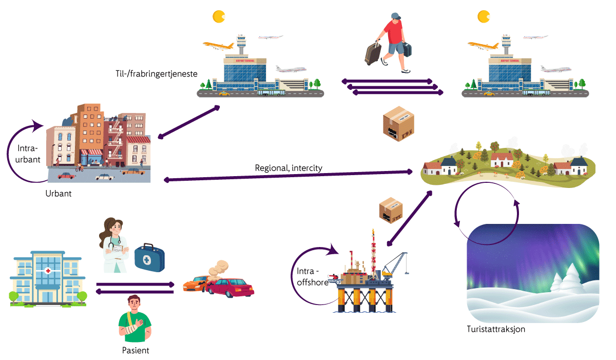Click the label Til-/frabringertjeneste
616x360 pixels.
pyautogui.click(x=157, y=74)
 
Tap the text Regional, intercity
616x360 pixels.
pyautogui.click(x=288, y=168)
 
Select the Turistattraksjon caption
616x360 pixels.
pyautogui.click(x=496, y=329)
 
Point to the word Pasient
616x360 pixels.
pyautogui.click(x=136, y=351)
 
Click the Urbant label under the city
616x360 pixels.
pyautogui.click(x=59, y=195)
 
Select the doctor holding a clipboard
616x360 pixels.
pyautogui.click(x=113, y=245)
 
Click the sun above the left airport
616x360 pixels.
pyautogui.click(x=219, y=16)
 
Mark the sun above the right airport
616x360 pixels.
pyautogui.click(x=483, y=16)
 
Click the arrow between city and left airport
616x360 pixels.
pyautogui.click(x=189, y=122)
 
